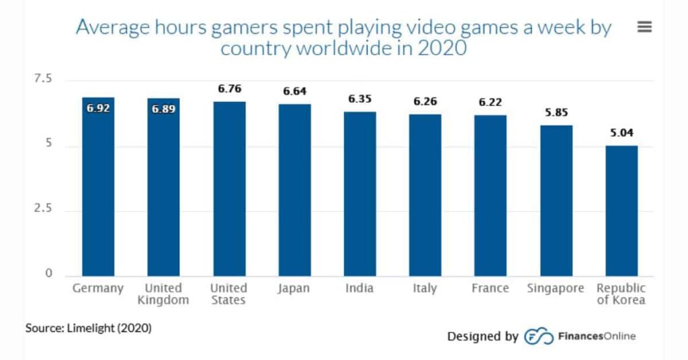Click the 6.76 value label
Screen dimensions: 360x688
pyautogui.click(x=229, y=89)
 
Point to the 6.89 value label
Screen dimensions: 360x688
pyautogui.click(x=163, y=108)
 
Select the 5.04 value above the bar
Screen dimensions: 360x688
pyautogui.click(x=621, y=132)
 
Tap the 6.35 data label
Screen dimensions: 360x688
pyautogui.click(x=360, y=99)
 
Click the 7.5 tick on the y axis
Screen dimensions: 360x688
pyautogui.click(x=42, y=79)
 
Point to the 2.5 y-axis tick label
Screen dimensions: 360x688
pyautogui.click(x=42, y=209)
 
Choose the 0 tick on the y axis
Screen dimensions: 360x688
pyautogui.click(x=48, y=273)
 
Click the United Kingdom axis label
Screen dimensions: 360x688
pyautogui.click(x=163, y=294)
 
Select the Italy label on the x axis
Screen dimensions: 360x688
pyautogui.click(x=425, y=288)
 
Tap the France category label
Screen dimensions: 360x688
pyautogui.click(x=490, y=288)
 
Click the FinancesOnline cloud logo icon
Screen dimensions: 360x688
pyautogui.click(x=538, y=336)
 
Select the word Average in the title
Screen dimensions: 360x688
pyautogui.click(x=110, y=28)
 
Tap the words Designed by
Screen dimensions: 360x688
pyautogui.click(x=482, y=336)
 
